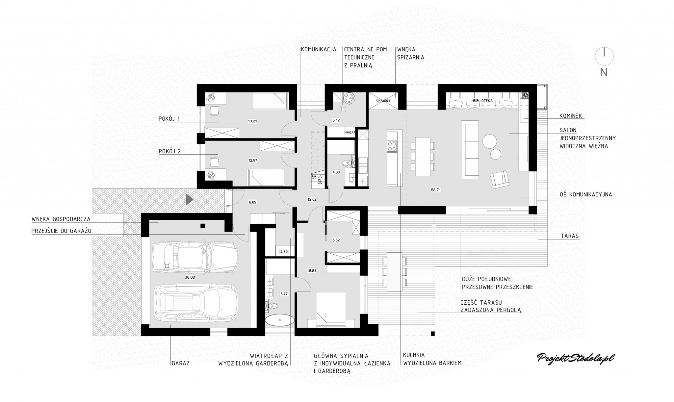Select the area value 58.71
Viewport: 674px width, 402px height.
[x=436, y=190]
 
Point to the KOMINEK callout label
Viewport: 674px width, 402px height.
[x=571, y=116]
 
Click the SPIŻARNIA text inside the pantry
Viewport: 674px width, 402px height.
[x=383, y=101]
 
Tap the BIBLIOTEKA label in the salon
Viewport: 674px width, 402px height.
[x=482, y=101]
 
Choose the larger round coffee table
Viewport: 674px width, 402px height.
[x=490, y=141]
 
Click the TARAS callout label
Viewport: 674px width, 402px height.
[x=570, y=236]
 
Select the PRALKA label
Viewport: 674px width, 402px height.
[x=349, y=132]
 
